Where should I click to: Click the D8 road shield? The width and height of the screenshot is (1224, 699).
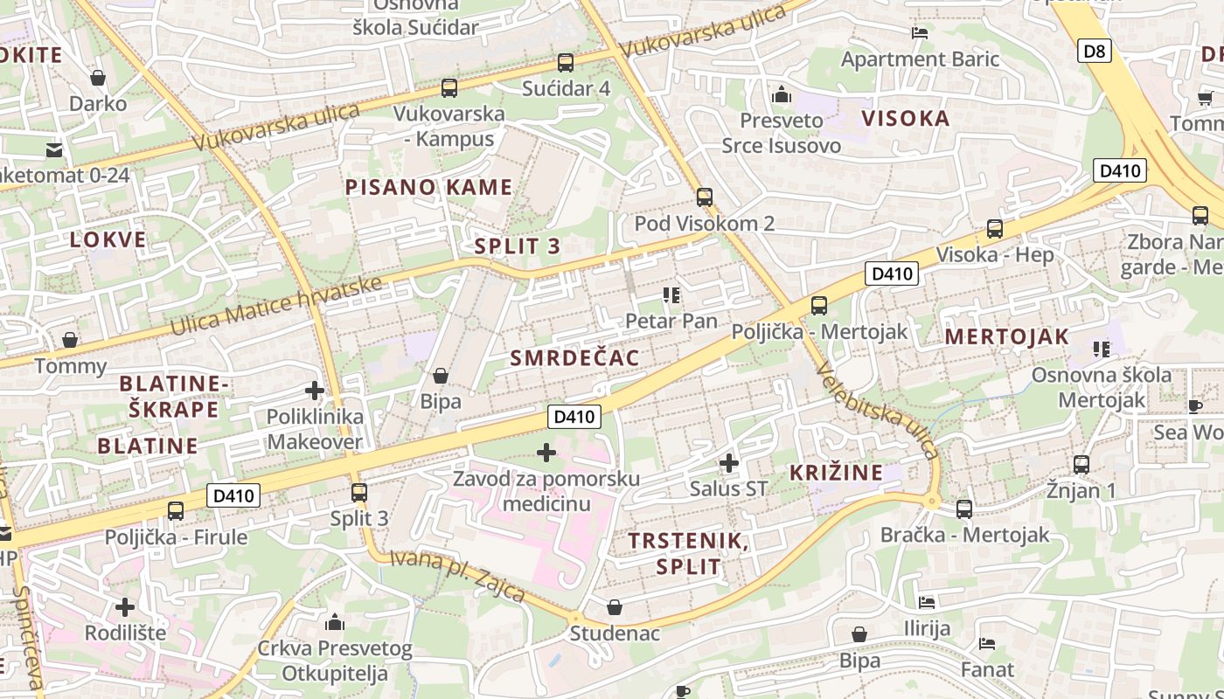(x=1094, y=51)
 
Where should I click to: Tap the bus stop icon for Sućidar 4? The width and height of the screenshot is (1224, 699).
(x=566, y=63)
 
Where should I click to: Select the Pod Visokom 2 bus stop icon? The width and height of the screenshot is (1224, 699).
(x=705, y=197)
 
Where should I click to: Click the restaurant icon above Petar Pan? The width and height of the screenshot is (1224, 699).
(x=671, y=295)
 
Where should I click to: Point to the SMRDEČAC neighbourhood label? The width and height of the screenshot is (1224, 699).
(x=574, y=357)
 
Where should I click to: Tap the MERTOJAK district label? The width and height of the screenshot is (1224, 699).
(x=1007, y=336)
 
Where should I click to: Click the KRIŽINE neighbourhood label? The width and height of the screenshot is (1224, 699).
(x=836, y=473)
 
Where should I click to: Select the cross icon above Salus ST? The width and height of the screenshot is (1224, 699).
(x=728, y=462)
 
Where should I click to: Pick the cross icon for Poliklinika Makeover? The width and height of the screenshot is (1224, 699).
(x=315, y=391)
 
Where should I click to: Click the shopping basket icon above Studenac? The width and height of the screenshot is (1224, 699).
(x=615, y=606)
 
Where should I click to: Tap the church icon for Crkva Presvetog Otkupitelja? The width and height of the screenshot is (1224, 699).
(x=335, y=622)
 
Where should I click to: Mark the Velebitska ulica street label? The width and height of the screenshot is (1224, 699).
(x=877, y=411)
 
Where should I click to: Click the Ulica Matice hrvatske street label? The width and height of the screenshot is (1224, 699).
(x=276, y=306)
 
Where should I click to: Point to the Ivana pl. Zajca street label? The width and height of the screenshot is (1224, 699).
(x=457, y=576)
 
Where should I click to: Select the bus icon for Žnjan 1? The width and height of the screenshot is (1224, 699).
(x=1081, y=465)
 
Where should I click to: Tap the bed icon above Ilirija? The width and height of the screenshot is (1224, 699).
(x=927, y=602)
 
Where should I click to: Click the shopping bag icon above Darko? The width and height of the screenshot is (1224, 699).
(x=98, y=78)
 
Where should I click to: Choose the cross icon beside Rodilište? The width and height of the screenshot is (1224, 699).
(x=125, y=606)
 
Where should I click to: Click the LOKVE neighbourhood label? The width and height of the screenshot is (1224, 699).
(x=108, y=239)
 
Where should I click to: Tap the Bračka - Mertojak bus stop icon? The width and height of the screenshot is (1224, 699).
(x=964, y=509)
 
